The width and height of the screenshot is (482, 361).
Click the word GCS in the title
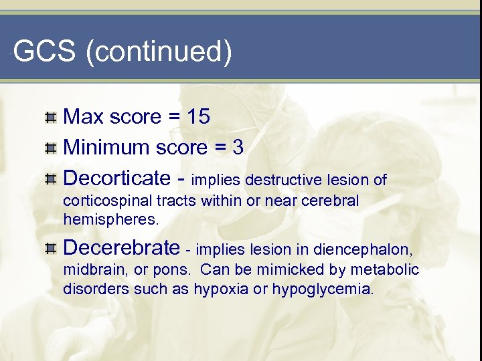[x=44, y=52]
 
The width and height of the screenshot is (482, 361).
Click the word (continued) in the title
[x=159, y=52]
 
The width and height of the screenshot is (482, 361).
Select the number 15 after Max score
[x=199, y=116]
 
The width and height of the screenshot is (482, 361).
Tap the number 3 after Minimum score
[x=238, y=147]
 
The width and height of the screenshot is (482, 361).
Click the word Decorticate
[x=117, y=178]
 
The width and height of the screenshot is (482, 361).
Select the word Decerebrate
[x=121, y=248]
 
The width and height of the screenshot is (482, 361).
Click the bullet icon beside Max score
[x=51, y=118]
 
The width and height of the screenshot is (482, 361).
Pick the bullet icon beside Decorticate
[x=51, y=179]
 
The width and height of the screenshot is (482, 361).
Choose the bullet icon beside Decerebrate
[x=51, y=249]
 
